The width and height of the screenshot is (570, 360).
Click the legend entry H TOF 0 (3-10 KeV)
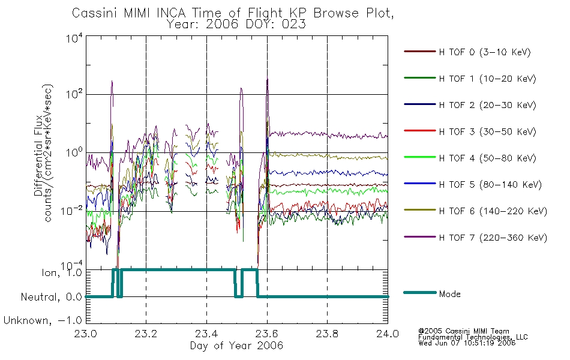click(485, 52)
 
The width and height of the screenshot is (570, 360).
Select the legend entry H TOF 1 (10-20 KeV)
click(487, 79)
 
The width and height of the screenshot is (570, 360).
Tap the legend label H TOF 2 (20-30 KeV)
click(487, 105)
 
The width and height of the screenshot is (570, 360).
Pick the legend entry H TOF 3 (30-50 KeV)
click(487, 131)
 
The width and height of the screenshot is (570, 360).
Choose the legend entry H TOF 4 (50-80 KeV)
click(487, 158)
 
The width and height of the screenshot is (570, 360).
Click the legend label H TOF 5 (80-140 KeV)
click(490, 185)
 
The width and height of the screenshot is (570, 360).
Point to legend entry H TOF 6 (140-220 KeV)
click(493, 211)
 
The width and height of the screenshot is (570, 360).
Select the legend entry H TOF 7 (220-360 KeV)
click(493, 238)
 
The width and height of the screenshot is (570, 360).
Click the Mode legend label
click(449, 294)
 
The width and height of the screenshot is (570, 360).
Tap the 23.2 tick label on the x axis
click(146, 334)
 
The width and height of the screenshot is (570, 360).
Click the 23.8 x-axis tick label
click(327, 334)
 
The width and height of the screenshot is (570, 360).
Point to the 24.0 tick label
click(388, 334)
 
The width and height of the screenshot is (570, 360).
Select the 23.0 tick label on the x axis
click(86, 334)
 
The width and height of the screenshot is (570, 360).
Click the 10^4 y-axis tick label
click(74, 38)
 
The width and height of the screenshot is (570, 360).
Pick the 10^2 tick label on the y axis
click(74, 95)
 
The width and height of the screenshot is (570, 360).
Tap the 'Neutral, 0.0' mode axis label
click(51, 297)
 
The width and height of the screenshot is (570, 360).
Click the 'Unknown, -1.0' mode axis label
click(43, 320)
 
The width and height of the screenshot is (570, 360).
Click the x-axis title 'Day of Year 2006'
click(236, 346)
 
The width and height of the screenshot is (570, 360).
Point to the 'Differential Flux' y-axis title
click(38, 156)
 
